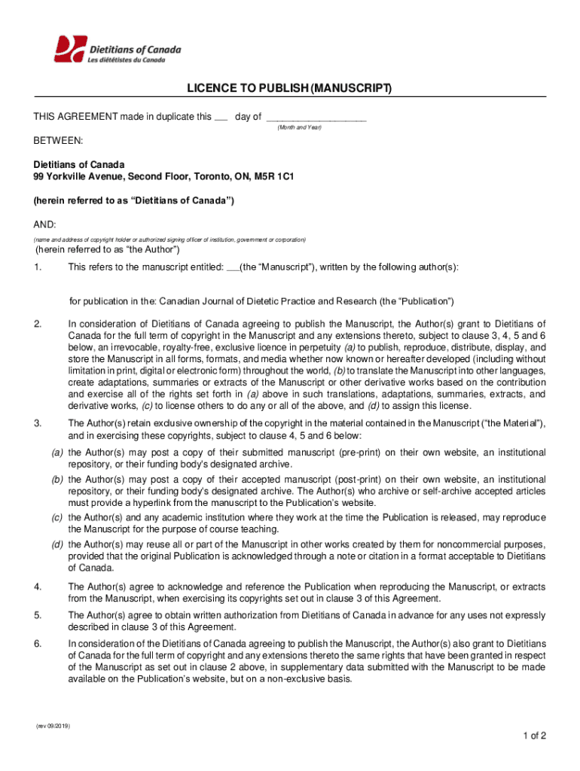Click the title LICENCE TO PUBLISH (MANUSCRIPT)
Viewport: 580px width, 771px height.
coord(289,90)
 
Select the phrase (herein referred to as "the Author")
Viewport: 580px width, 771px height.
coord(107,250)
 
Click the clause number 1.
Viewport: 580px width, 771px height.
coord(37,267)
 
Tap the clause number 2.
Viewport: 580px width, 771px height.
coord(37,325)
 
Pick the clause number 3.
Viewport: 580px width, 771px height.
coord(37,424)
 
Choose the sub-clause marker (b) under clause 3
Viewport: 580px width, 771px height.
coord(56,480)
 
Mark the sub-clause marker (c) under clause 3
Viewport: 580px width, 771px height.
coord(56,517)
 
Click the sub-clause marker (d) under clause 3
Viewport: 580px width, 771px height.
coord(56,544)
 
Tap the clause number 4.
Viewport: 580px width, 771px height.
coord(37,587)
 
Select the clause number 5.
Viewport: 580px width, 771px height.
coord(37,615)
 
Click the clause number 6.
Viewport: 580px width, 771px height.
coord(37,644)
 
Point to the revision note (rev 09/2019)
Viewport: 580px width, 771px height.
coord(53,726)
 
